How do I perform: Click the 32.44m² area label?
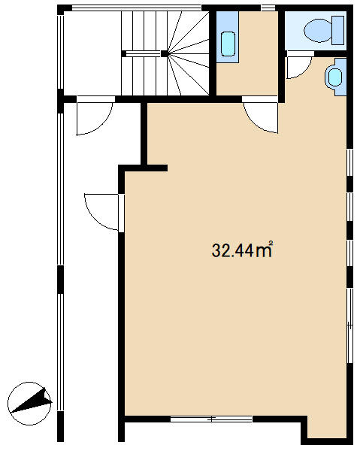(x=242, y=250)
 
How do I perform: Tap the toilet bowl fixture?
(x=319, y=31)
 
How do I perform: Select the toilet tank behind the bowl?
(x=338, y=31)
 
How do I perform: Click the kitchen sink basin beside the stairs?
(x=228, y=44)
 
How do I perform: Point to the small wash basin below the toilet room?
(x=335, y=77)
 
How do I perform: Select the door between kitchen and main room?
(x=261, y=115)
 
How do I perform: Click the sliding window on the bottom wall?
(x=211, y=419)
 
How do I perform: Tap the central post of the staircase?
(x=165, y=53)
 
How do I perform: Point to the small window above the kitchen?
(x=268, y=8)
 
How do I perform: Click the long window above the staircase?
(x=136, y=8)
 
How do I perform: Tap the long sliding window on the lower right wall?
(x=349, y=325)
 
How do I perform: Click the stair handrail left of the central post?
(x=143, y=53)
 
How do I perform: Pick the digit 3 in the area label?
(x=216, y=250)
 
